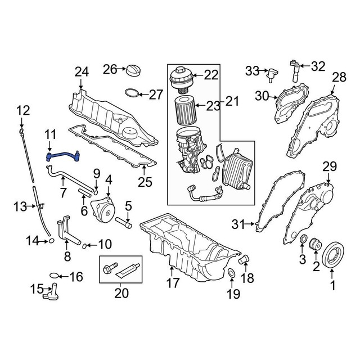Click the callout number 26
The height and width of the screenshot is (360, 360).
(109, 69)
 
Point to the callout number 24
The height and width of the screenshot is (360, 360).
(82, 72)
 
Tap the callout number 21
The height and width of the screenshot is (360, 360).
(232, 101)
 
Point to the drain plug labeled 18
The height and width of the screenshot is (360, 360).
(244, 260)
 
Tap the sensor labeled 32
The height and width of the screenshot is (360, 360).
(293, 69)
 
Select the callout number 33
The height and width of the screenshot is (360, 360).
(251, 70)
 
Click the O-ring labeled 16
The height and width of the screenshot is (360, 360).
(54, 276)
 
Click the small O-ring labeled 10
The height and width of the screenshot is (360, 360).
(85, 245)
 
